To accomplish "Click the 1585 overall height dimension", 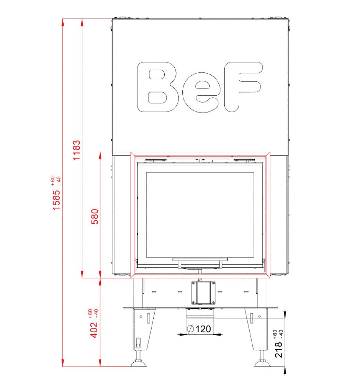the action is click(57, 200).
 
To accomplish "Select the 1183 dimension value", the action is click(76, 150).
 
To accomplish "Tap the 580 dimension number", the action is click(95, 217).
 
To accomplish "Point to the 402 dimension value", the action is click(94, 330).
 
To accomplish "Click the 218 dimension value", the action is click(279, 350).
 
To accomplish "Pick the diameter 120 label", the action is click(199, 329).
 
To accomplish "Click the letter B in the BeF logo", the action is click(158, 87).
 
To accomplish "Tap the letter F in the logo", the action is click(243, 87).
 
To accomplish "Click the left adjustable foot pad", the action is click(138, 363).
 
